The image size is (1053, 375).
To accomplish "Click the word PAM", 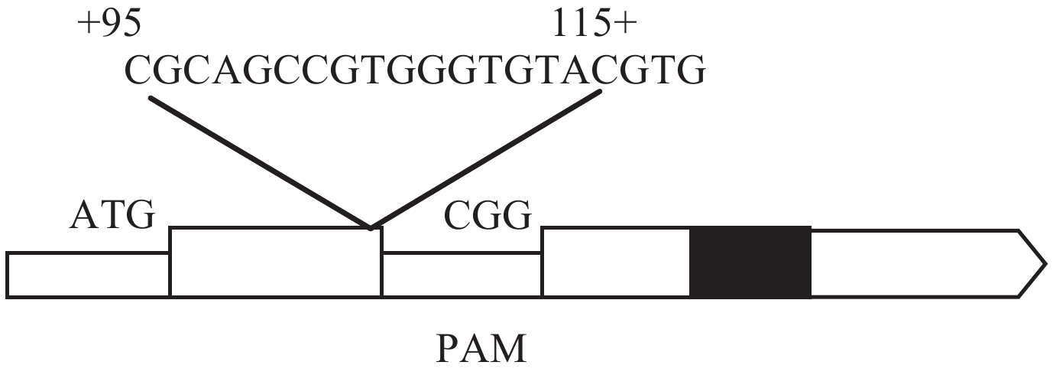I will [x=481, y=349].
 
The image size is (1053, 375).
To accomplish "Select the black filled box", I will [x=750, y=262].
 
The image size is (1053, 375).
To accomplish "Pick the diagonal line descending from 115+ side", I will [x=485, y=160].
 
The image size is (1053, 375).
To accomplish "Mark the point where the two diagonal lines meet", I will [x=371, y=227].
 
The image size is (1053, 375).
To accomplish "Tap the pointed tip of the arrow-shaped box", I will [x=1044, y=262].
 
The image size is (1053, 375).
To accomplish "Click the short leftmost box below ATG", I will [x=88, y=274].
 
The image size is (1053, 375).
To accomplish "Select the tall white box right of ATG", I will [x=275, y=262].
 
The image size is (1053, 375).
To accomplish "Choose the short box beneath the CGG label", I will [x=462, y=274].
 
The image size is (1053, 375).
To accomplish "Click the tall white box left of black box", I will [x=616, y=262].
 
